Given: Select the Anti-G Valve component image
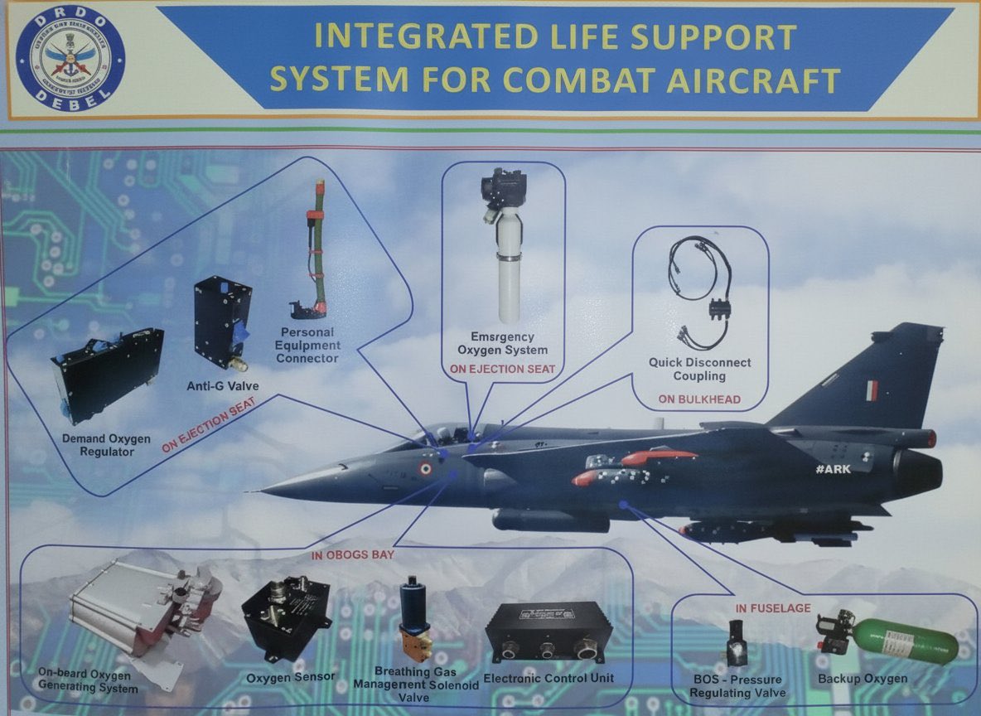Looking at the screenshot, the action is (222, 322).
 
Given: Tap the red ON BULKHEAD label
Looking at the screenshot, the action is (699, 399).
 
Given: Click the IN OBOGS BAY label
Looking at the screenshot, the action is (352, 553).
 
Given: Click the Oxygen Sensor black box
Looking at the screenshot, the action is (286, 617).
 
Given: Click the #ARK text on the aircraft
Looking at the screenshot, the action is (833, 469).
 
